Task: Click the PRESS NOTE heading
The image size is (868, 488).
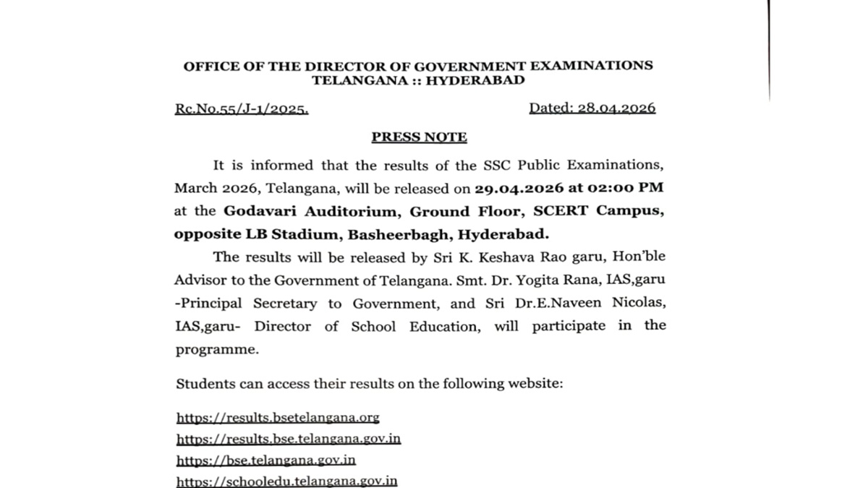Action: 419,137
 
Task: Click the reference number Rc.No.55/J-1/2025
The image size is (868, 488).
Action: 242,109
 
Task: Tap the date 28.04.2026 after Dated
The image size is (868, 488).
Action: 616,108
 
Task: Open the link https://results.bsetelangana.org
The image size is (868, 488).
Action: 278,418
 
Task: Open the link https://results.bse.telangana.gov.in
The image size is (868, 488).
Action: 289,439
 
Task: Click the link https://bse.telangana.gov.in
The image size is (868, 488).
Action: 266,460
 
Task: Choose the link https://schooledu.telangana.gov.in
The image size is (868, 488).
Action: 287,481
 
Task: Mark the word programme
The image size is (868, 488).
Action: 216,350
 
